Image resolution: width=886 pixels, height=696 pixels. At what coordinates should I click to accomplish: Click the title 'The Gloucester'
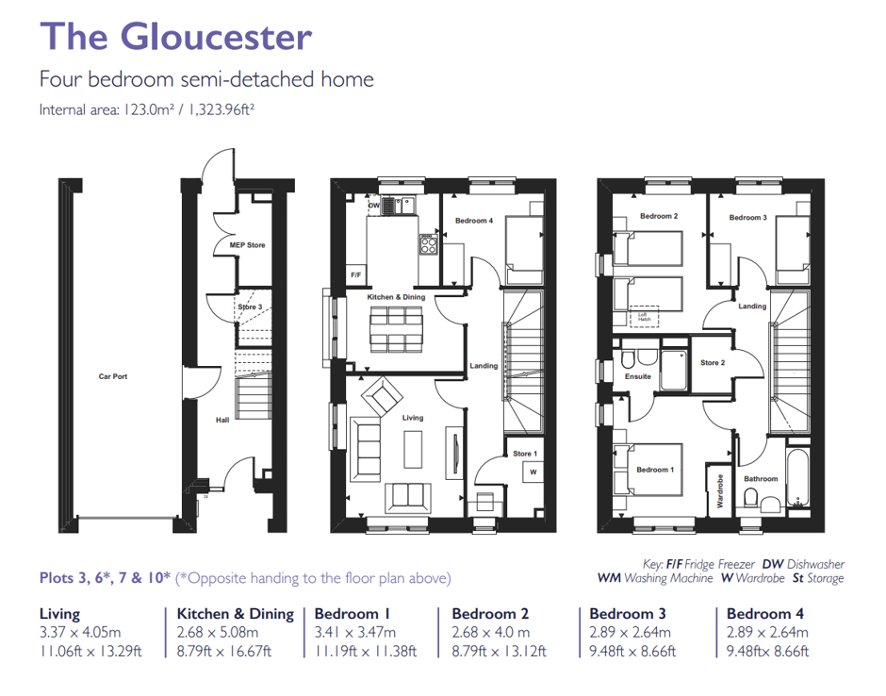pos(175,37)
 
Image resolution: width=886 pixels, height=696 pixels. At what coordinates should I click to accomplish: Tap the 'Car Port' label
pos(113,376)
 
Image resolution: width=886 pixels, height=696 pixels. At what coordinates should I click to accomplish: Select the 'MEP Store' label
pos(248,245)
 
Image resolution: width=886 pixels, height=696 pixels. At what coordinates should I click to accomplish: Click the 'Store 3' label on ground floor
pos(249,307)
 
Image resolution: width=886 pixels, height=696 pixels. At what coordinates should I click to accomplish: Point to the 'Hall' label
pos(222,420)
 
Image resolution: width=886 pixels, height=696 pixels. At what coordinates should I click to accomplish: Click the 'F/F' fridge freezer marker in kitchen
pos(356,274)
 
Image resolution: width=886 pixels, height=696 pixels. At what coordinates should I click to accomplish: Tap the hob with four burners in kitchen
pos(427,245)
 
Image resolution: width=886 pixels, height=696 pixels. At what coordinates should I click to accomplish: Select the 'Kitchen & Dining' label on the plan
pos(396,297)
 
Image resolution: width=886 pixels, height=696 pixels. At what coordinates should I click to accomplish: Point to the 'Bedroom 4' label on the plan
pos(474,221)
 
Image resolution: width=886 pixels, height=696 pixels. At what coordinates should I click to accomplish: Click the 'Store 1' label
pos(525,454)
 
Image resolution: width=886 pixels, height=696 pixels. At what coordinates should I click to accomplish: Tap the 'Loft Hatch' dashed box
pos(645,318)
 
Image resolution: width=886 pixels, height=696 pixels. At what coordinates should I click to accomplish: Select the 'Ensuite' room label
pos(638,376)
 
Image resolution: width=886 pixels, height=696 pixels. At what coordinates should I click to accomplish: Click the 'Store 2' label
pos(713,362)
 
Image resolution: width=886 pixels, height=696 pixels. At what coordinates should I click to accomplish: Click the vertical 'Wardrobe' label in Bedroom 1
pos(720,491)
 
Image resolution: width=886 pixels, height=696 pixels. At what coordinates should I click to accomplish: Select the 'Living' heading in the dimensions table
pos(59,614)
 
